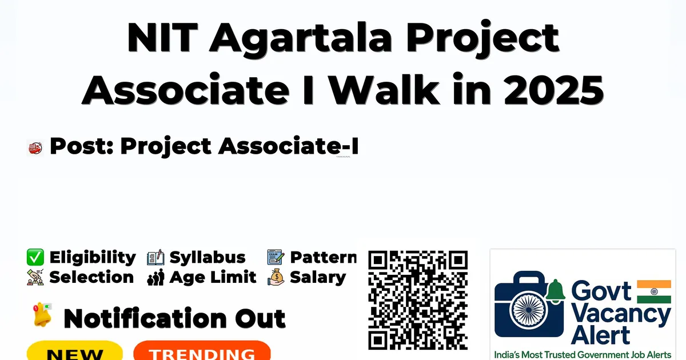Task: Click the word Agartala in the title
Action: [x=301, y=39]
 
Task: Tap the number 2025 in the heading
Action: [x=554, y=90]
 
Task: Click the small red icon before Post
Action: [x=35, y=148]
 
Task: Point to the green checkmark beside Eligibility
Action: [x=35, y=257]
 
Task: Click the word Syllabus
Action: [x=208, y=257]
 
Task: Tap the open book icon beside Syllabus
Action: [x=155, y=257]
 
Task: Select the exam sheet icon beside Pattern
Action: [x=276, y=257]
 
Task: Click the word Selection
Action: [x=91, y=277]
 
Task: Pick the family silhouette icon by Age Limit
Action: [x=155, y=277]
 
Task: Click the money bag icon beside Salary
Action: [x=276, y=277]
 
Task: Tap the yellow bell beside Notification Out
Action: [x=42, y=314]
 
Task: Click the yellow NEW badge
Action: [x=75, y=351]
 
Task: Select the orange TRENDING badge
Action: [x=202, y=351]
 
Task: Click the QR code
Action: [x=418, y=300]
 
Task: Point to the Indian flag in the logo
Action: [x=654, y=291]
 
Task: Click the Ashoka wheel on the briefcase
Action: [x=528, y=310]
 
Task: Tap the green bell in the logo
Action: [x=556, y=290]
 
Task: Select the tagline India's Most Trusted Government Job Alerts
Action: [x=583, y=354]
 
